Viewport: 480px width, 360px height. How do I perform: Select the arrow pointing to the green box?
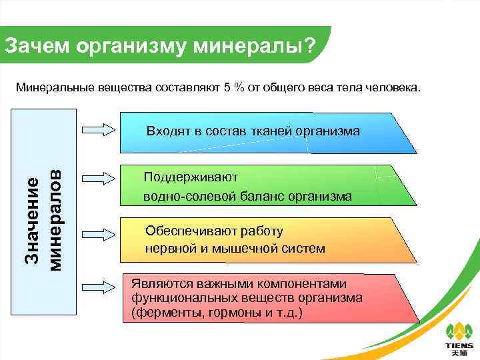pos(99,177)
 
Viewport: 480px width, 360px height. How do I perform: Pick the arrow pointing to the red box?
pos(99,288)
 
